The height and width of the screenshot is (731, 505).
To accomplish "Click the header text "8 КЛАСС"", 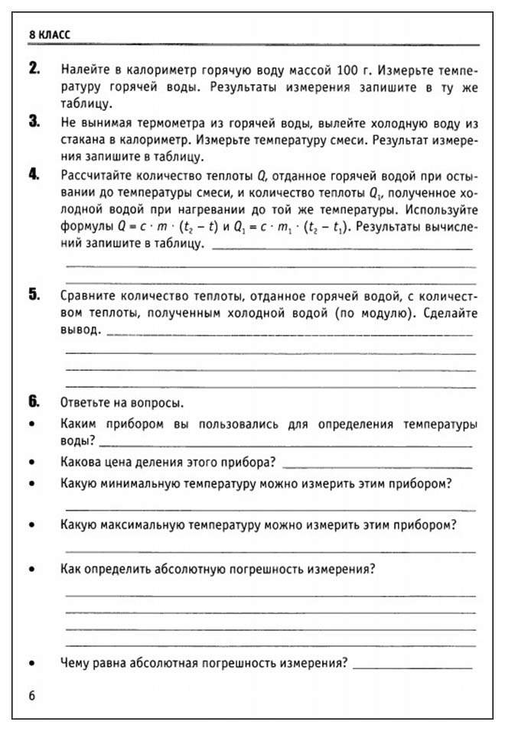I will click(48, 35).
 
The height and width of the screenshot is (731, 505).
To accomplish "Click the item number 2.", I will click(34, 69).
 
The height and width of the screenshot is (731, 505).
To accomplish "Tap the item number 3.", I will click(34, 122).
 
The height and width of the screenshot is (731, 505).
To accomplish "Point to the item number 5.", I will click(34, 295).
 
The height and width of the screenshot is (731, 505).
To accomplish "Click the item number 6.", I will click(34, 402).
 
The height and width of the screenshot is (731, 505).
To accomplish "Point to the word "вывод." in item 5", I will click(80, 331).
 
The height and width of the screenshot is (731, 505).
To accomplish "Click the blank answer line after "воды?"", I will click(285, 445).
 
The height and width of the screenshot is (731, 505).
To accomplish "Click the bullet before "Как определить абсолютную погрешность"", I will click(31, 570).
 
